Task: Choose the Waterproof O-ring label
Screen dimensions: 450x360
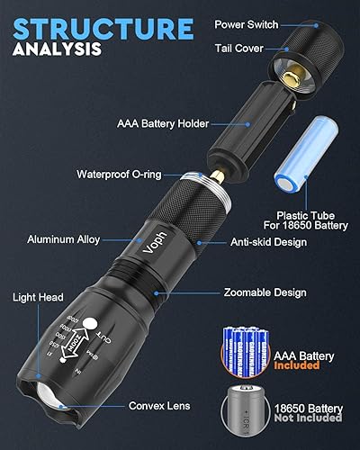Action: pyautogui.click(x=116, y=174)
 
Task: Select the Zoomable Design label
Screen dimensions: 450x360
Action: pyautogui.click(x=265, y=292)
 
